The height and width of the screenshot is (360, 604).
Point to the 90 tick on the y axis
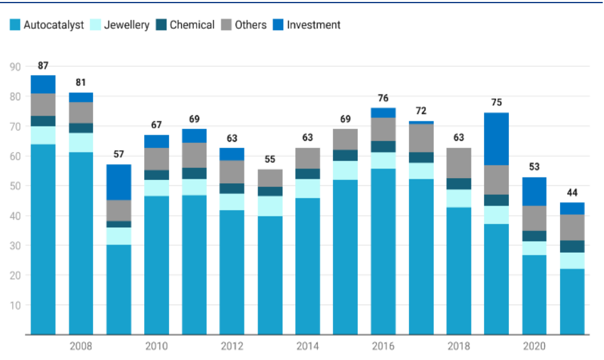tap(15, 66)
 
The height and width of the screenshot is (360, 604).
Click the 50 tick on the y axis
tap(15, 186)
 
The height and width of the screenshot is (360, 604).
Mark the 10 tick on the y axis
tap(15, 305)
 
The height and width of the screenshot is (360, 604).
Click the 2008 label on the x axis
tap(81, 346)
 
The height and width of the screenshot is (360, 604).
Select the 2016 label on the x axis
tap(383, 346)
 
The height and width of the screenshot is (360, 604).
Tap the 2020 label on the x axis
tap(534, 346)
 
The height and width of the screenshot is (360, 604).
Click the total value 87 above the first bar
tap(43, 65)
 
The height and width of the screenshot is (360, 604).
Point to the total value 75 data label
tap(497, 102)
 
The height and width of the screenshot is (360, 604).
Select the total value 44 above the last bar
tap(572, 193)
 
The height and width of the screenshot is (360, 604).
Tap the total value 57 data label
tap(119, 154)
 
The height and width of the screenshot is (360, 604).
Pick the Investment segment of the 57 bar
tap(119, 183)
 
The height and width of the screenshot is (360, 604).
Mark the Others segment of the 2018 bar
tap(459, 163)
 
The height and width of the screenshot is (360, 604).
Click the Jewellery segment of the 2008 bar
tap(81, 143)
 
